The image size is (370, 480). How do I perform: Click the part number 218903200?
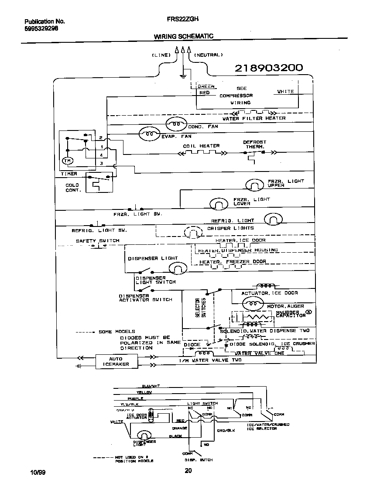[268, 68]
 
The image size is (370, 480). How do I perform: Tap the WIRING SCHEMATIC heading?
[183, 37]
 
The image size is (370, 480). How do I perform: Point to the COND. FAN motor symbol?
[177, 124]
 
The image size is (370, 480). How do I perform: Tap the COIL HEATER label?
[201, 146]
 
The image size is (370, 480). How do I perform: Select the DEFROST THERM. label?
[254, 144]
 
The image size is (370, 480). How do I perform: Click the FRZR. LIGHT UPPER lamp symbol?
[253, 185]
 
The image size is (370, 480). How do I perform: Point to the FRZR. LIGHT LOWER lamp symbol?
[219, 203]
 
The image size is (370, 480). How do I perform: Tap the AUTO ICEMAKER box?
[116, 361]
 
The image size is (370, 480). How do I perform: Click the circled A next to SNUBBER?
[309, 312]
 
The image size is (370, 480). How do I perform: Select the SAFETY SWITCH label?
[97, 241]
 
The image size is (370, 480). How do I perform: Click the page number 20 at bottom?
[188, 470]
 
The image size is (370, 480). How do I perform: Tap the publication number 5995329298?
[41, 28]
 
